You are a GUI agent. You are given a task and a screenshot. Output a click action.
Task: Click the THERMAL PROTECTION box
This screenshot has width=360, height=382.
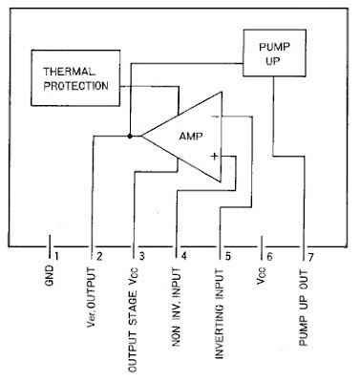[x=77, y=79]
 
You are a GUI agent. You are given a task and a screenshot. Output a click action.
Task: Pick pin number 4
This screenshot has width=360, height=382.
[x=184, y=255]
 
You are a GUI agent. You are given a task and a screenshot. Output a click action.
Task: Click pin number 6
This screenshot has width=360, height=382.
[x=270, y=255]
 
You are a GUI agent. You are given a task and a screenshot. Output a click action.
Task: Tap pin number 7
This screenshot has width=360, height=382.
[x=312, y=255]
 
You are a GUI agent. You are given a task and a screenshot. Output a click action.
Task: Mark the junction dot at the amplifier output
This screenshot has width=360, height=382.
[x=130, y=137]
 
